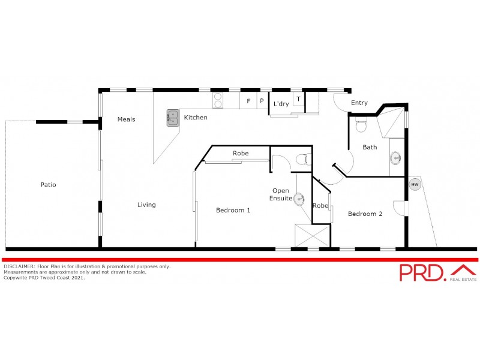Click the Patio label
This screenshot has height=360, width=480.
coord(48,185)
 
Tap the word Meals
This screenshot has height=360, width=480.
coord(126,119)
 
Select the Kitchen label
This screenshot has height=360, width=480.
coord(196,118)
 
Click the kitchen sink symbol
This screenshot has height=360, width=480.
coord(173,117)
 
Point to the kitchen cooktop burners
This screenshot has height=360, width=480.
coord(218,100)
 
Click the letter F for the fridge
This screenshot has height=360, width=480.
coord(248,101)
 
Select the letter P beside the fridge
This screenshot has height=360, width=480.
coord(262,101)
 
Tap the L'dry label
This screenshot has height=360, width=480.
coord(281,104)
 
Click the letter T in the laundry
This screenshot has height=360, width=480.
coord(298,98)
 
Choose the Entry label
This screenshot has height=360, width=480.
coord(359,103)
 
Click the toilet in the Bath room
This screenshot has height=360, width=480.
coord(361,126)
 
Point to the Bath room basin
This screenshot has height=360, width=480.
coord(396,158)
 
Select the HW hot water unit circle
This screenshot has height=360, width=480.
coord(415,184)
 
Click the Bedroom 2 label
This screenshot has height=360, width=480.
coord(365,214)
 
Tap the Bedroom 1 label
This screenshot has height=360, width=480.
coord(233,211)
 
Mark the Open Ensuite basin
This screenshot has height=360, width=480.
coord(299,200)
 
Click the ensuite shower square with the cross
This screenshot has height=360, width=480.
coord(312,235)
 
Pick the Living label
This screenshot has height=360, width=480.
coord(146,205)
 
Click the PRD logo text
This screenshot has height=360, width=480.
coord(422,272)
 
